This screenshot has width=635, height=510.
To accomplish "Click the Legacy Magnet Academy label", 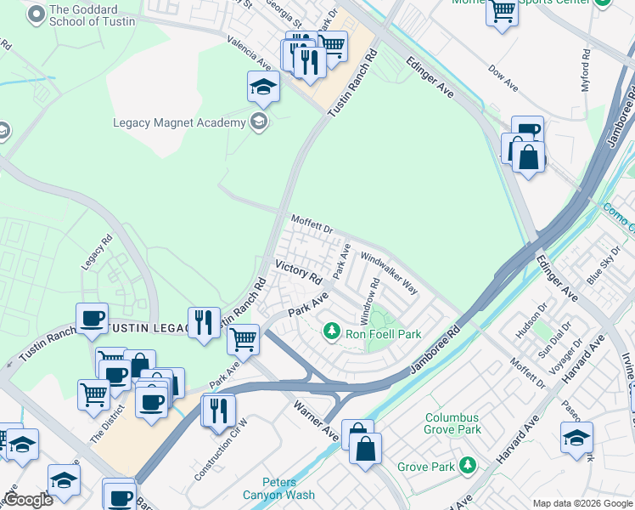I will (179, 123).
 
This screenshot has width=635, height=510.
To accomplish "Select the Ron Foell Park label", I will (383, 334).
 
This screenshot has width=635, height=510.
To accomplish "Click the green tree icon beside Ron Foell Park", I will (333, 330).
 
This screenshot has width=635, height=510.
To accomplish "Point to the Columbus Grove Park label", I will (453, 423).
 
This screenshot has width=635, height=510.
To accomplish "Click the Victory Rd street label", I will (298, 272).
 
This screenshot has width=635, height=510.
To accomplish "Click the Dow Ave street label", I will (504, 79).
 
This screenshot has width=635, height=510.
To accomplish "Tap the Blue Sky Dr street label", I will (604, 269).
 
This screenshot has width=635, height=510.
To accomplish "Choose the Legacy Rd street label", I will (96, 253).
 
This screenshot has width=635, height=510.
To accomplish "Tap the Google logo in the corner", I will (27, 499).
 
